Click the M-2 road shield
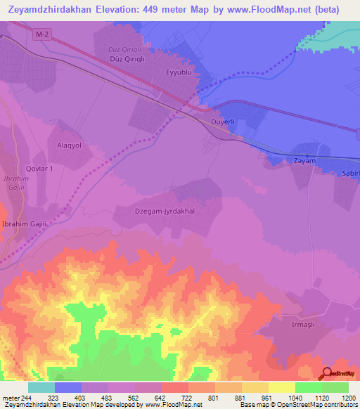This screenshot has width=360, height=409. pyautogui.click(x=41, y=34)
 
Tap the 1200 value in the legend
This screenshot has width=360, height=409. pyautogui.click(x=349, y=397)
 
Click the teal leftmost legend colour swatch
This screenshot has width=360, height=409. pyautogui.click(x=41, y=387)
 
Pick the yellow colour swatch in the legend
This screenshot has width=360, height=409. pyautogui.click(x=281, y=387)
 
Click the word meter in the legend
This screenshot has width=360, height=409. pyautogui.click(x=10, y=397)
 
